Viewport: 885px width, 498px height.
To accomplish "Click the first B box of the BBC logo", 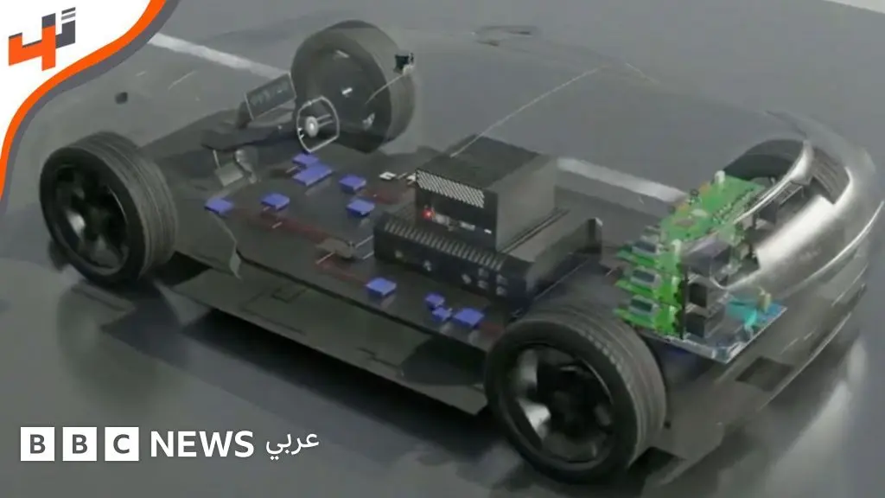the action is pyautogui.click(x=38, y=444).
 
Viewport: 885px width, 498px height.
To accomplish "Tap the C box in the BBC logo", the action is pyautogui.click(x=122, y=444).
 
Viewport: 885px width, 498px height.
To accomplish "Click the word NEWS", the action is pyautogui.click(x=202, y=444).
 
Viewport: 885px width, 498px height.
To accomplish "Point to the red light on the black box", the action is pyautogui.click(x=428, y=214).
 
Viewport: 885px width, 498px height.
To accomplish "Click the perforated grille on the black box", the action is pyautogui.click(x=450, y=188).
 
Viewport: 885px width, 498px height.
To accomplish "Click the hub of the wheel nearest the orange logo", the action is pyautogui.click(x=93, y=213).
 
